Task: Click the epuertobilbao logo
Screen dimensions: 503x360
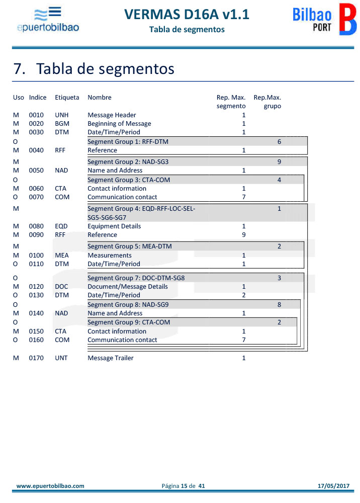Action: [x=48, y=20]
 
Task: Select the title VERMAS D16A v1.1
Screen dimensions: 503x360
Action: [x=187, y=15]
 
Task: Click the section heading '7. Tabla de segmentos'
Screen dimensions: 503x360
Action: [x=94, y=68]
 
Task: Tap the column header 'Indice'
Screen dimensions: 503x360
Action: [x=38, y=98]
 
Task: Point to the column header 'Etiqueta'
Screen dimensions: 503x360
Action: [x=67, y=98]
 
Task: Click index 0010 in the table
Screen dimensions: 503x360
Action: [x=36, y=115]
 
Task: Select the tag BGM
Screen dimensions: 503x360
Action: [x=62, y=124]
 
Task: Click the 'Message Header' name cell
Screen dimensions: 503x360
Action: [x=112, y=115]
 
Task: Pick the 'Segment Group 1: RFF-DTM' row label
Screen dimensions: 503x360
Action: [x=128, y=142]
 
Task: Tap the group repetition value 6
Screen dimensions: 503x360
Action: [x=279, y=142]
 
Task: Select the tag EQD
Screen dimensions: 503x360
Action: [x=61, y=226]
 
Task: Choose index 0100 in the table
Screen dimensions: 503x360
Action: [x=36, y=256]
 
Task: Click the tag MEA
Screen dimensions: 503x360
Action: [x=62, y=256]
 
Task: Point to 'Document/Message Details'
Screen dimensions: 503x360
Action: [x=128, y=287]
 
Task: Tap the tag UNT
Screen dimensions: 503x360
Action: [x=61, y=358]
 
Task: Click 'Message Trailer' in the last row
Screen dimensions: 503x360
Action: [x=111, y=358]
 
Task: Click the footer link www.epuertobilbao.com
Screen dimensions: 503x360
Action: [x=50, y=486]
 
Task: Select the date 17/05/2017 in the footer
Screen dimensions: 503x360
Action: [x=333, y=486]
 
